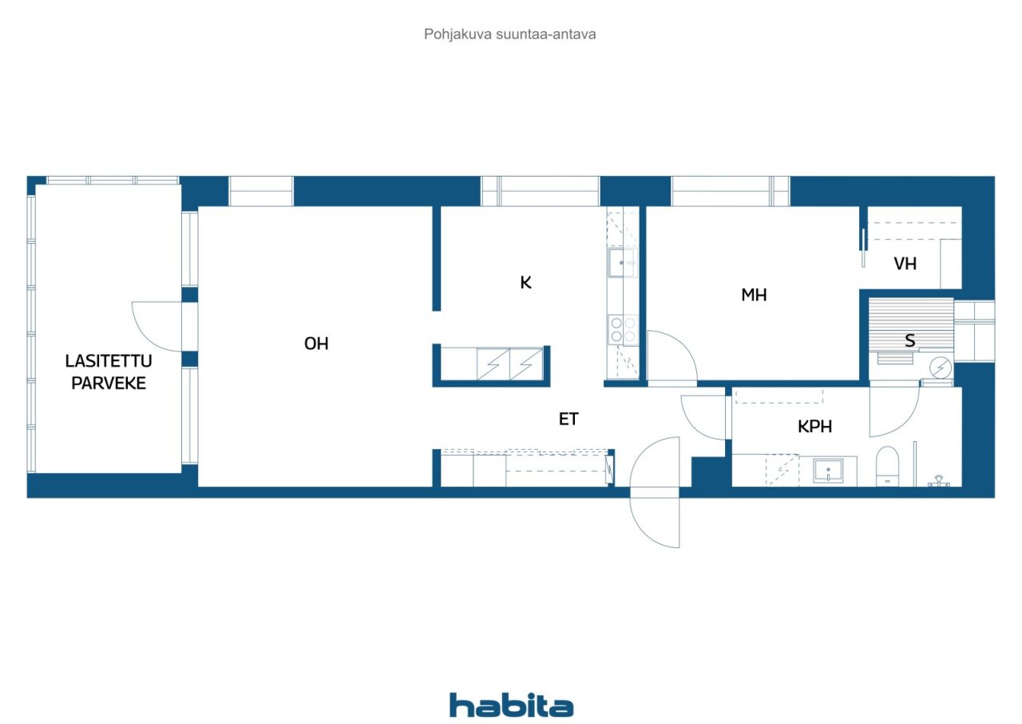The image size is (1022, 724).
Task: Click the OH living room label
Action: coord(316,344)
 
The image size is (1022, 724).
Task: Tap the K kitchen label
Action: coord(525,283)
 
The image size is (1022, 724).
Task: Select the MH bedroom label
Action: coord(754,295)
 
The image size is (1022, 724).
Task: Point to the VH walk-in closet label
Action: coord(905,264)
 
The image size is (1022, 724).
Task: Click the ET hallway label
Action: coord(568,419)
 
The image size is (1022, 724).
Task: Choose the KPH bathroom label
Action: coord(815,427)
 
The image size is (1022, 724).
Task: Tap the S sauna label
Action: coord(909,340)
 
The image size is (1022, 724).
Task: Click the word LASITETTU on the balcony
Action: coord(109,361)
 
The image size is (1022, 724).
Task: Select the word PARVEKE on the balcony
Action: coord(109,383)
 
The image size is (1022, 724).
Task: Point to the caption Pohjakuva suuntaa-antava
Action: coord(510,34)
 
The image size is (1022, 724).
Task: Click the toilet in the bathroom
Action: coord(887,466)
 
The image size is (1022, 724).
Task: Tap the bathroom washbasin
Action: coord(828,471)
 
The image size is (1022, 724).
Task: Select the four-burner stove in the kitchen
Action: coord(624,330)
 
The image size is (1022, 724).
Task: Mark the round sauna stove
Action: coord(941,368)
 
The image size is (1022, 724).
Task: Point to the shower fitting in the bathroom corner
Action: coord(938,481)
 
